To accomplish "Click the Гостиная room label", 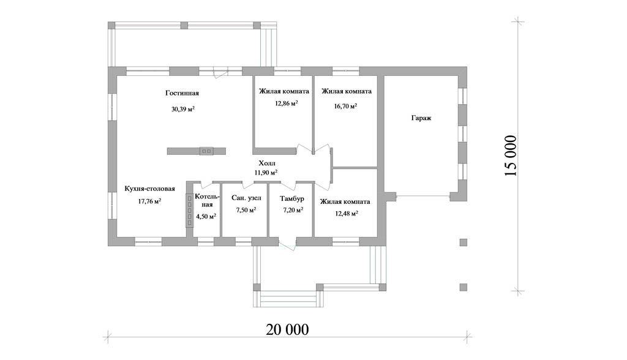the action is pos(182,93).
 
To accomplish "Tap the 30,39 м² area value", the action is pos(182,109).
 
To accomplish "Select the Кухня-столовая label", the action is pos(149,189).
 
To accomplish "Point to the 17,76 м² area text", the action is pos(149,201).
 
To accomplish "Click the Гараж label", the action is pos(421,118).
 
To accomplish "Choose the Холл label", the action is pos(267,163).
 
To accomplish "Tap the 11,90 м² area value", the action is pos(266,173).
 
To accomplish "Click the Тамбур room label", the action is pos(292,198).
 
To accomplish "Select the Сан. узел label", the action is pos(246,198).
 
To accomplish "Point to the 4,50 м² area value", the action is pos(206,216).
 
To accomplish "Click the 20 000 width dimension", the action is pos(287,329).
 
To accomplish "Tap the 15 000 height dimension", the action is pos(511,156).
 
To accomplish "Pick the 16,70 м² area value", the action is pos(345,107).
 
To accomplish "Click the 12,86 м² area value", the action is pos(286,103).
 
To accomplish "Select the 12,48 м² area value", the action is pos(347,213).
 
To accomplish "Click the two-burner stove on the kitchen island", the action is pos(206,151).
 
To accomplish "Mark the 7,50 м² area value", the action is pos(246,210).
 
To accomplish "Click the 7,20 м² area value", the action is pos(293,210).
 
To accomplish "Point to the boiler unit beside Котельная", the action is pos(189,211).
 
